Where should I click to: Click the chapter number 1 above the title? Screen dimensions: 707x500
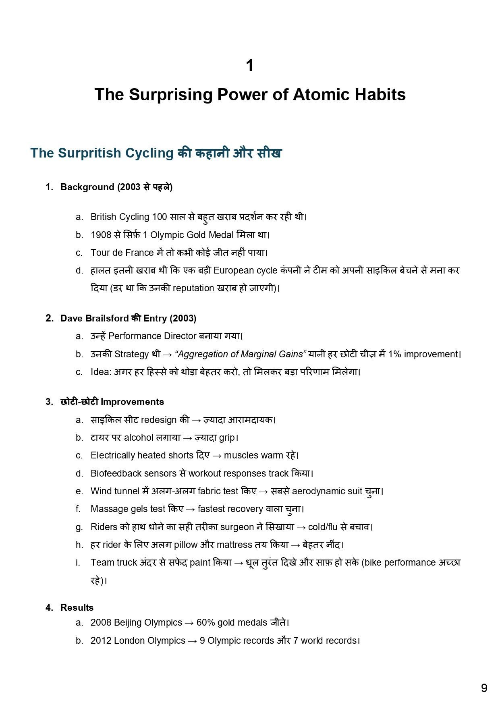[250, 66]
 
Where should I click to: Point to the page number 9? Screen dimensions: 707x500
[484, 688]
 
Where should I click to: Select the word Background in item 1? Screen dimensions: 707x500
[87, 187]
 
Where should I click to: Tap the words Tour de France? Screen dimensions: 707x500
[122, 253]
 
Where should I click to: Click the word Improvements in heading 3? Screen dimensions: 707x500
[132, 402]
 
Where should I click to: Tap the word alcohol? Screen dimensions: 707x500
[139, 438]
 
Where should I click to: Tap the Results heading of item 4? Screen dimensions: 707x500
[77, 608]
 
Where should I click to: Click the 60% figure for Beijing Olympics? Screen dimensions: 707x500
[205, 623]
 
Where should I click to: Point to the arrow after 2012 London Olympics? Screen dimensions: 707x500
[192, 641]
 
